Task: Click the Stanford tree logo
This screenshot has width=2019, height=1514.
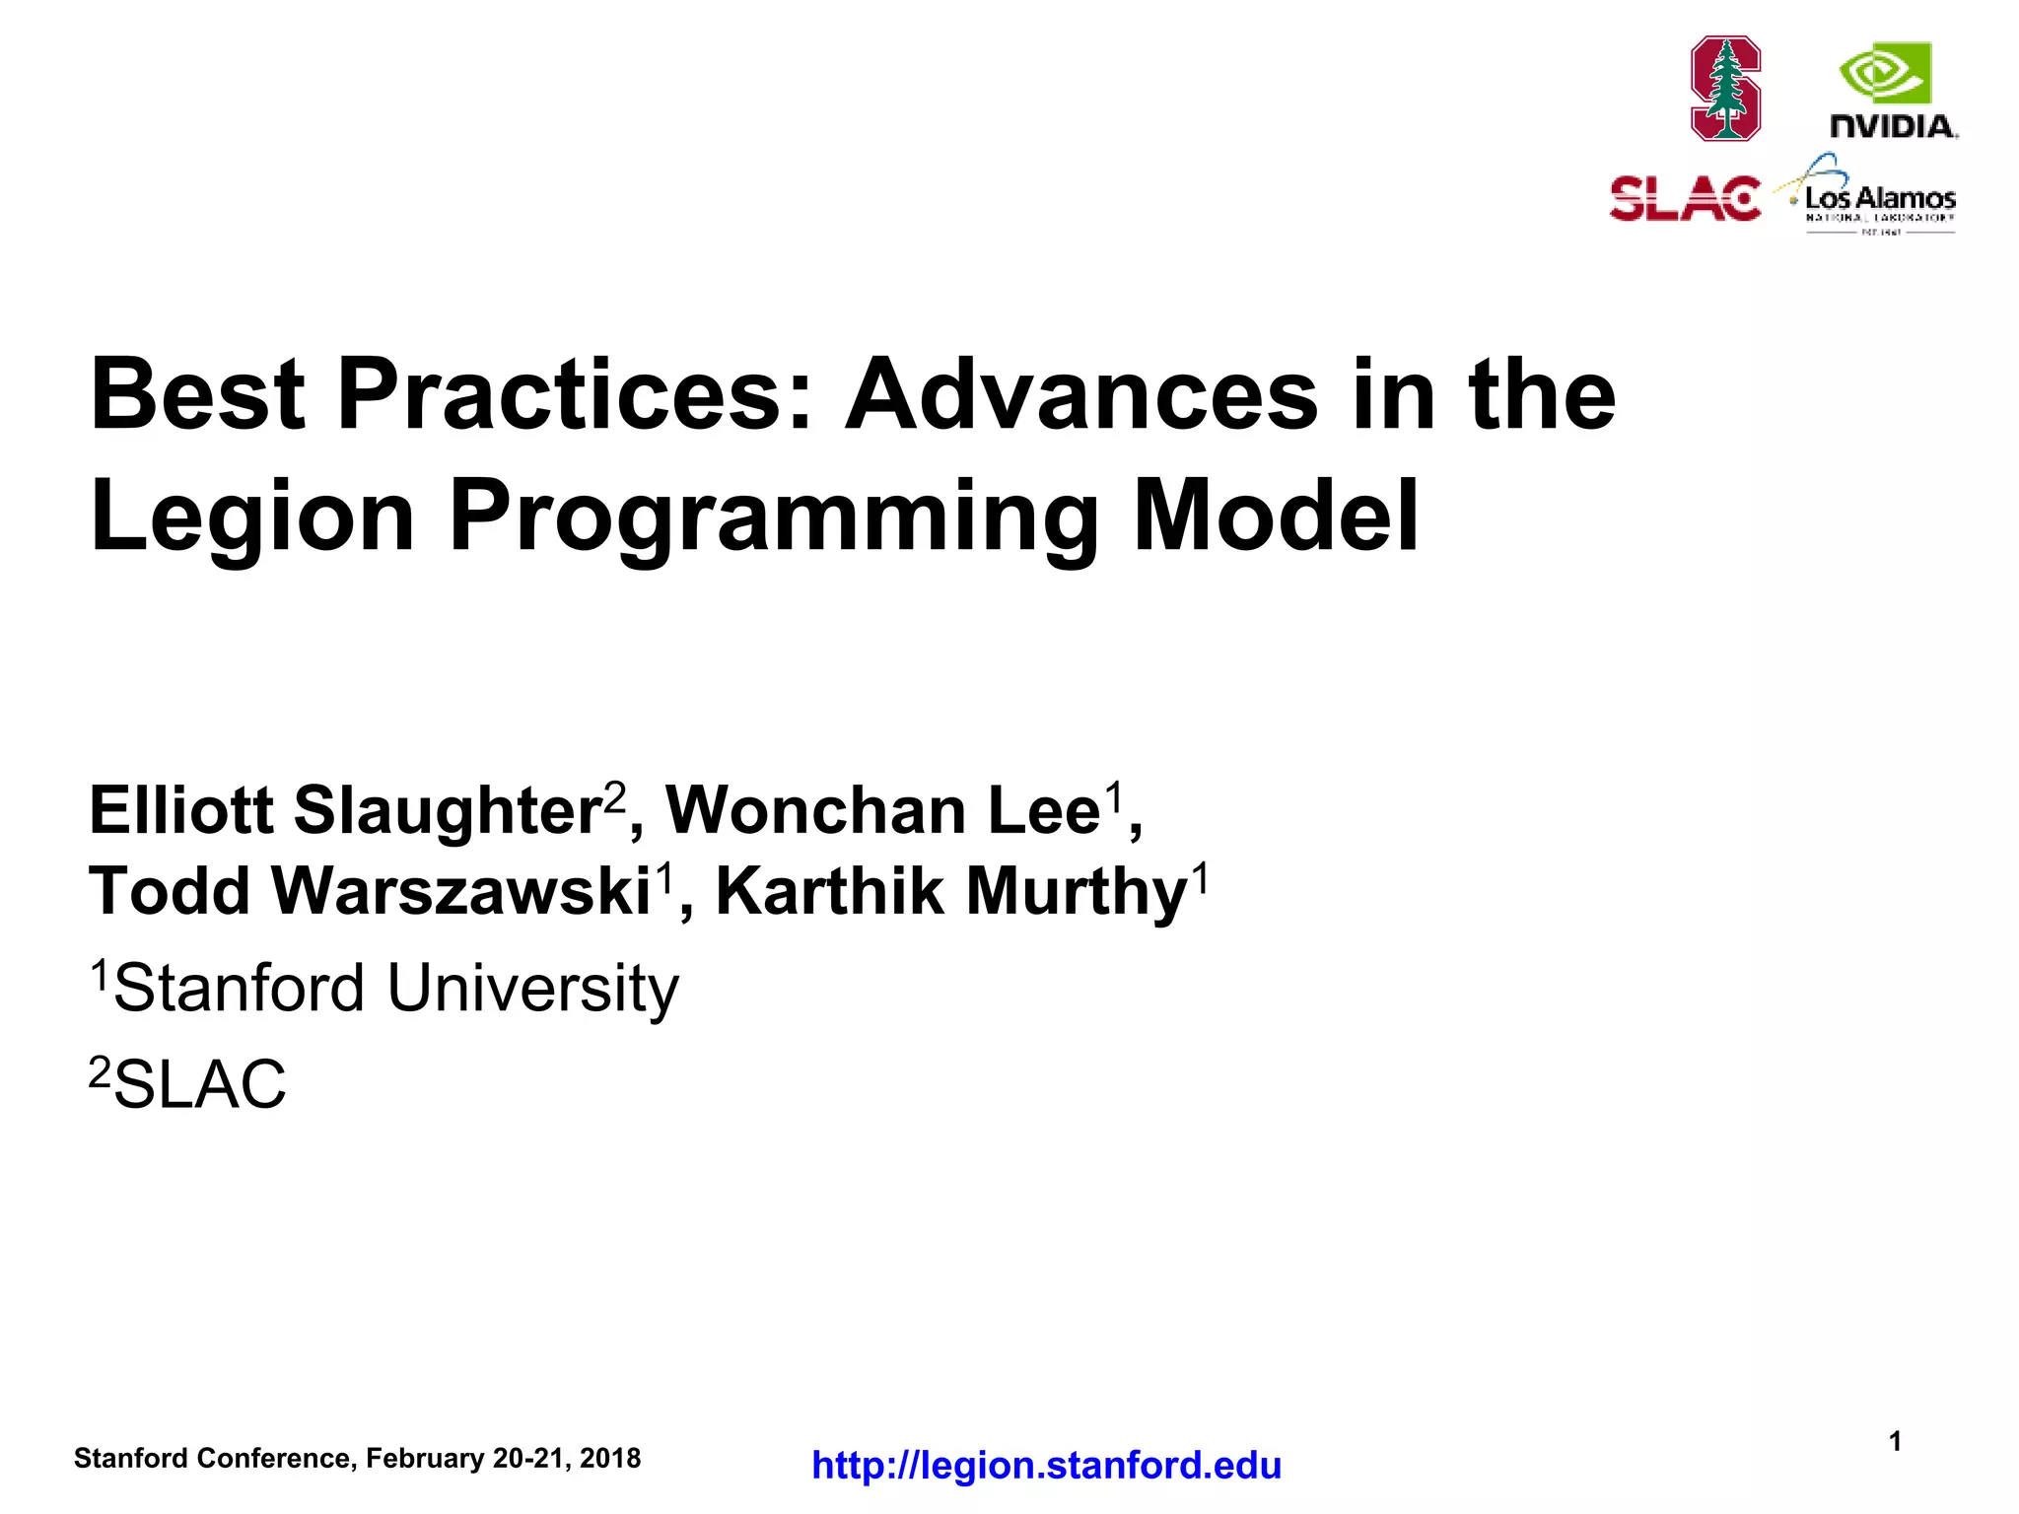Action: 1725,89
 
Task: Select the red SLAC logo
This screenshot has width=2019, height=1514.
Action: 1685,199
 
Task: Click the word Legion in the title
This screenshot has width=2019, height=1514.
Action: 252,516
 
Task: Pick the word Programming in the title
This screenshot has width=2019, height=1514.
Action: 773,516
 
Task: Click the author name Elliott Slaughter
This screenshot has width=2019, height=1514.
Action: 345,810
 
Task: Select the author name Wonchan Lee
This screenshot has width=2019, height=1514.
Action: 883,810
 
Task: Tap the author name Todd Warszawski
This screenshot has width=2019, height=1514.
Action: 370,891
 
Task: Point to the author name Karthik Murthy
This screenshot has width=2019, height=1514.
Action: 951,891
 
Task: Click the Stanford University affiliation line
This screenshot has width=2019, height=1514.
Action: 384,988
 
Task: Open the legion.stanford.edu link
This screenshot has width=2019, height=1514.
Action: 1046,1466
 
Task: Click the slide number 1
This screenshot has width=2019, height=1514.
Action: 1895,1442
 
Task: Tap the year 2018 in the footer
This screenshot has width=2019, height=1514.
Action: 610,1459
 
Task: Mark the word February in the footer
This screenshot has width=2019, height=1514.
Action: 426,1459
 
